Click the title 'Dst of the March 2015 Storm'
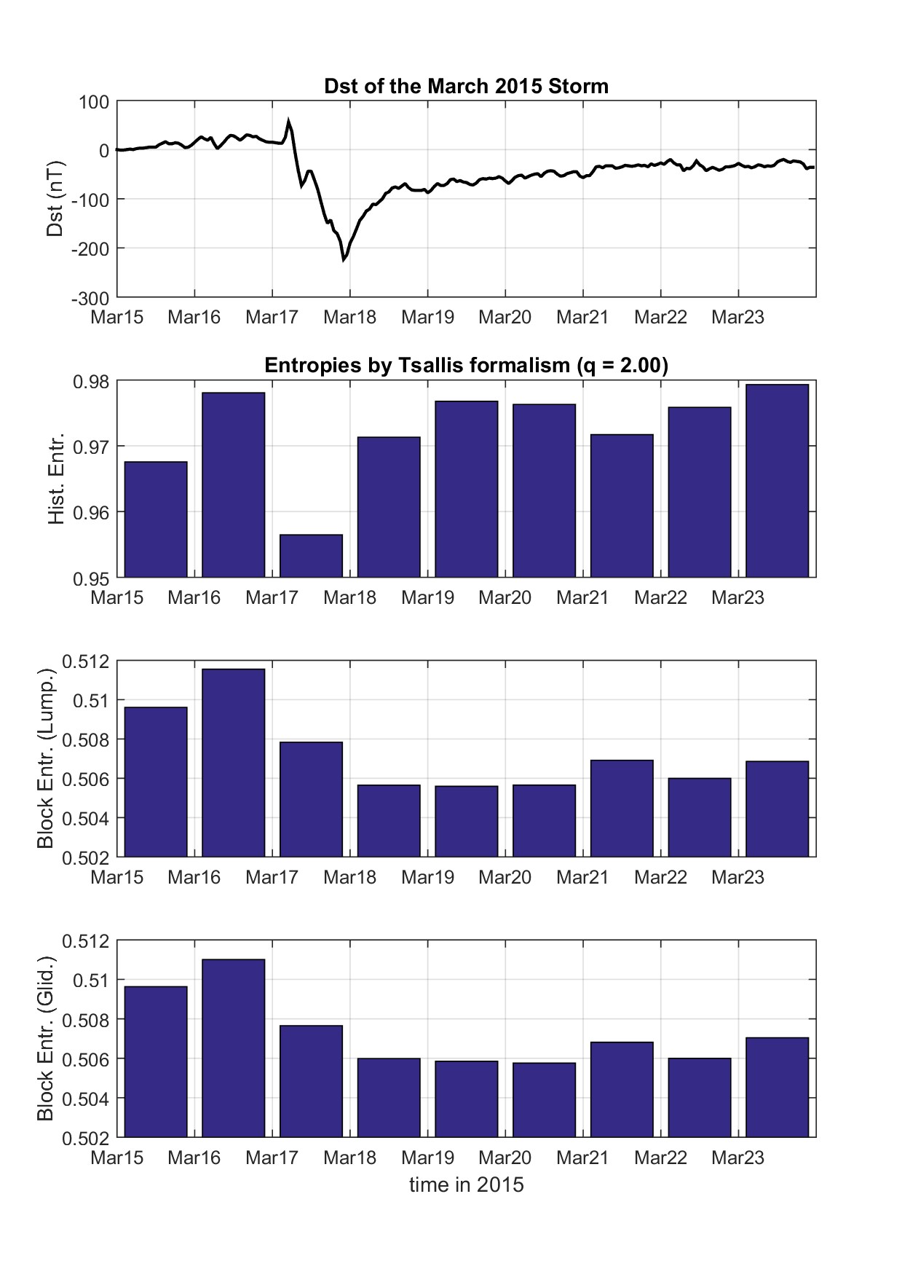click(466, 86)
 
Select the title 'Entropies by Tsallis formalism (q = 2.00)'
click(466, 365)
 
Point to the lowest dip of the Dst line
click(344, 259)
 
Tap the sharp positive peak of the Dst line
click(288, 121)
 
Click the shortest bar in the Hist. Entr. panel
click(311, 556)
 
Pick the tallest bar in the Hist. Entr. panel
click(777, 481)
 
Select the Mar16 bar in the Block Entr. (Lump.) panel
click(233, 762)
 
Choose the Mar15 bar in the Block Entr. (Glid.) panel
click(156, 1061)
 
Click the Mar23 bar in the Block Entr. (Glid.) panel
click(777, 1086)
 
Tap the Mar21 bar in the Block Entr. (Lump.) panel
click(622, 808)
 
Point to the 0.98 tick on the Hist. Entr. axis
click(92, 381)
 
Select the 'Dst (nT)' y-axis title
click(55, 198)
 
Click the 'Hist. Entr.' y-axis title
click(56, 479)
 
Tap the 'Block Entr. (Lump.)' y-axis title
click(46, 758)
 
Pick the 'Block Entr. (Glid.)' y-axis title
click(46, 1038)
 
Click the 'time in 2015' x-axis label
click(466, 1184)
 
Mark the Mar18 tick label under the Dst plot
click(349, 318)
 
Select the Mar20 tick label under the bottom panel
click(505, 1158)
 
